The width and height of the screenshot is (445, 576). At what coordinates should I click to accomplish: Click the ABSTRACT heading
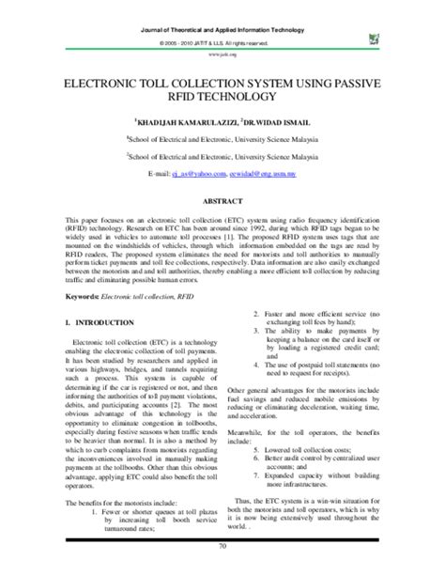pyautogui.click(x=222, y=199)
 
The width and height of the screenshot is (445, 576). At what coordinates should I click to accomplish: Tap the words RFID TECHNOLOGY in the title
pyautogui.click(x=222, y=98)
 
